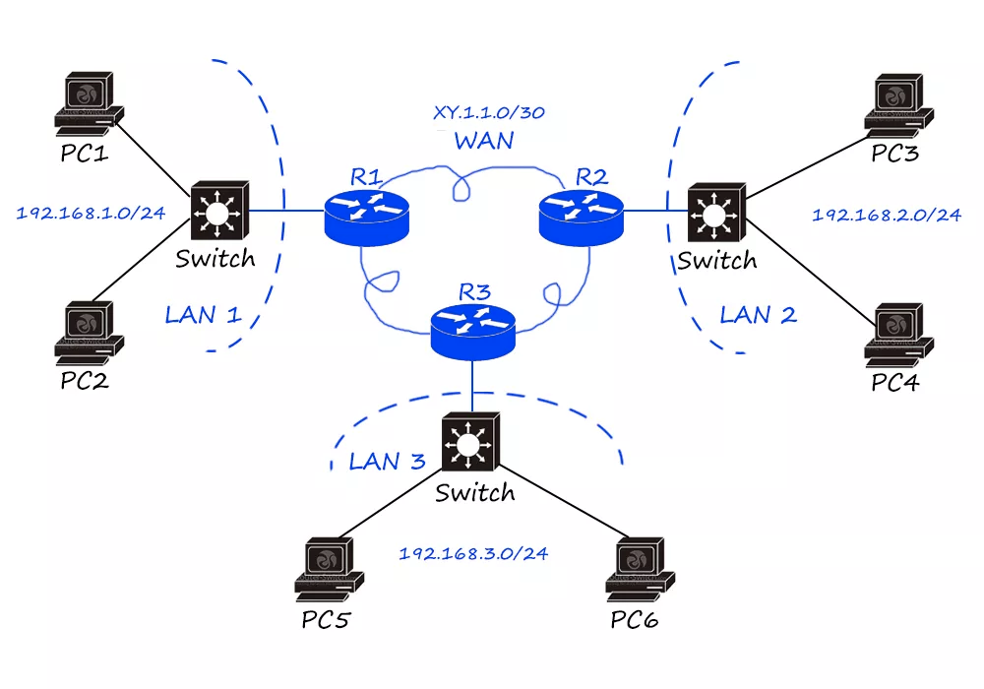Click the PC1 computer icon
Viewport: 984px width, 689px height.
89,103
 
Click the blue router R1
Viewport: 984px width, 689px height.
365,218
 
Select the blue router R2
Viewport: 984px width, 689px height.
581,218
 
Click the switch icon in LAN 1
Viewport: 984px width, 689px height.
218,210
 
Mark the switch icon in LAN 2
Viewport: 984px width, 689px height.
717,211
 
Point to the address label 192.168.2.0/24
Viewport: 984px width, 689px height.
887,215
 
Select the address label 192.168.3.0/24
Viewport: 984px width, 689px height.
472,553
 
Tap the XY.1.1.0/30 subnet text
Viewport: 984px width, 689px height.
489,114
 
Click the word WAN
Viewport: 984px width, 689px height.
484,141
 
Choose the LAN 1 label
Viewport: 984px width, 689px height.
203,315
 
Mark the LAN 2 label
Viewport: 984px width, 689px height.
758,315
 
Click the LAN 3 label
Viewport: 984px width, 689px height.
388,461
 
